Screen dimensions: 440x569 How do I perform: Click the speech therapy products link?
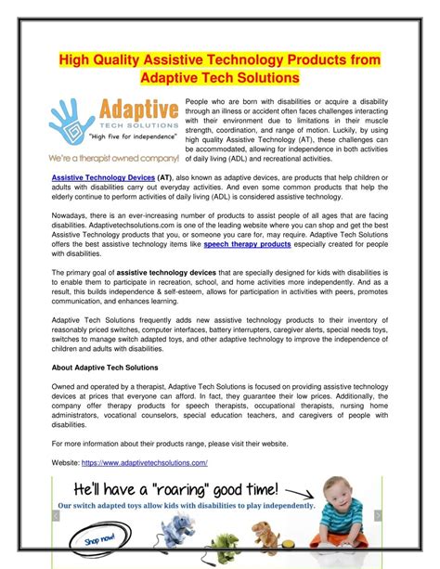tap(246, 245)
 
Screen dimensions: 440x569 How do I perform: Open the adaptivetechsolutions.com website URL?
tap(144, 461)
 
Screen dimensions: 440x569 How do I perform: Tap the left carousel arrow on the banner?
tap(57, 516)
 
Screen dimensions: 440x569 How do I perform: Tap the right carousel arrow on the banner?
tap(378, 516)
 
